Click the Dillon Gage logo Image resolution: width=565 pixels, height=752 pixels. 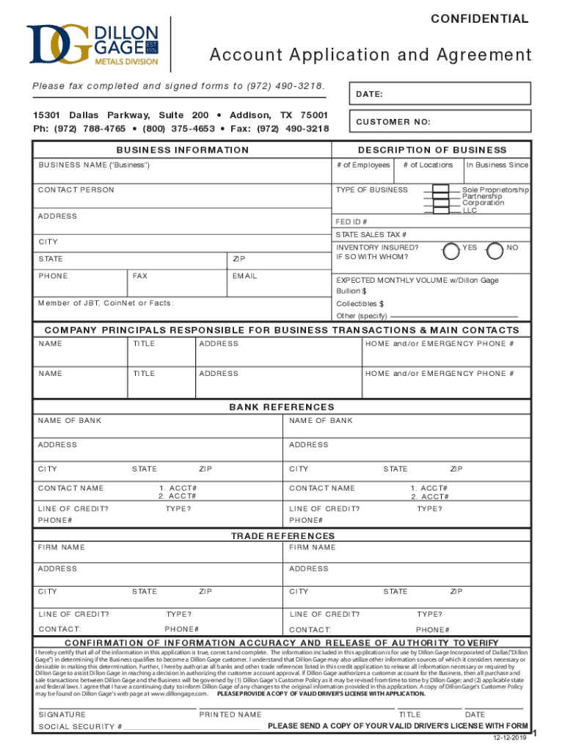92,45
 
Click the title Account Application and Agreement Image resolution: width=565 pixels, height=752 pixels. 371,55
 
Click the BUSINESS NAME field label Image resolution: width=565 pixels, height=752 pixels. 95,165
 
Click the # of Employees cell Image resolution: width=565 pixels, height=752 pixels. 363,165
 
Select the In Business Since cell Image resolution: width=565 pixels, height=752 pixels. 497,165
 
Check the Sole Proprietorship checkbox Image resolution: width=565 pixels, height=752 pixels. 441,190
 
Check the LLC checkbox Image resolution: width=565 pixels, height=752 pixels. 441,211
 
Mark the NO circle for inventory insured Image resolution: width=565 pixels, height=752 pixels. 495,250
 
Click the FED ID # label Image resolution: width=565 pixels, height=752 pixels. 351,222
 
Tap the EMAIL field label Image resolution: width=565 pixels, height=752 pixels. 244,276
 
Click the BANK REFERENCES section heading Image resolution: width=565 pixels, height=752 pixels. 282,407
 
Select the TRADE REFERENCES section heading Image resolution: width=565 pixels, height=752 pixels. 282,536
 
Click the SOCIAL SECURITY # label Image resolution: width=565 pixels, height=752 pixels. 80,727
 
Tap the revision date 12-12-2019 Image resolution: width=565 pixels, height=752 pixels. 510,737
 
